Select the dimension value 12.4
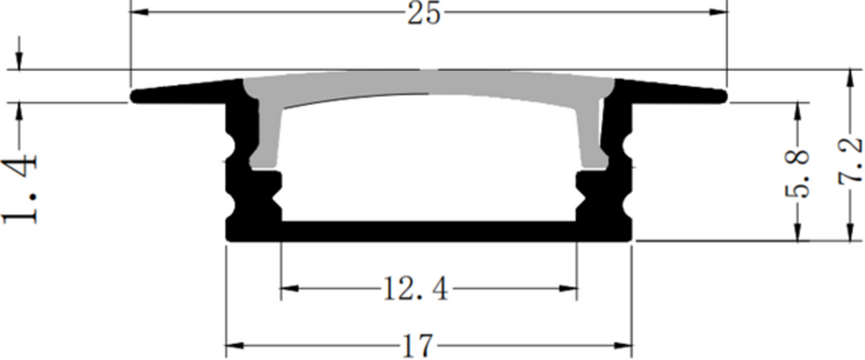tap(414, 290)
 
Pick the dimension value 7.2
tap(851, 160)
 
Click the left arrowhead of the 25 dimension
tap(139, 13)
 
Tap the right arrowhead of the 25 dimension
tap(718, 13)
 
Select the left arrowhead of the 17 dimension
tap(234, 345)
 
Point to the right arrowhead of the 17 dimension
tap(624, 345)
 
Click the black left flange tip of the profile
tap(139, 96)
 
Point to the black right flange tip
tap(720, 95)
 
